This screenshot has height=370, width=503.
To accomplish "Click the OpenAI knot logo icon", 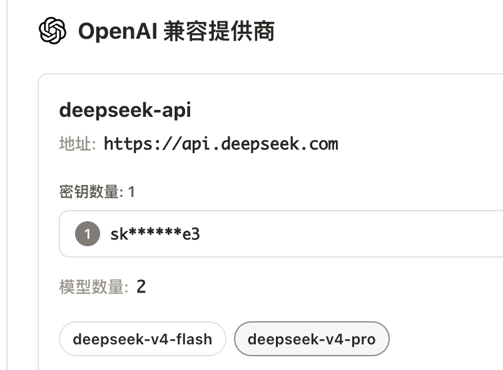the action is pos(53,31).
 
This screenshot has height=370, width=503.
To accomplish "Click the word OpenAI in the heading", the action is pos(118,32).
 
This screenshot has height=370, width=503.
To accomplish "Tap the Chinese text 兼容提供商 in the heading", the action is pos(219,31).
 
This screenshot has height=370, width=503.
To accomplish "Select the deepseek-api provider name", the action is pos(125,110).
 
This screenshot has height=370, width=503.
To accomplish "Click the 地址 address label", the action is pos(78,144).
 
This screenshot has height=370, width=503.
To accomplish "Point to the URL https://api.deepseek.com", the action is pos(221,144).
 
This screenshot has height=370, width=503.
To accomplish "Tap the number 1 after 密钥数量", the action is pos(131,192).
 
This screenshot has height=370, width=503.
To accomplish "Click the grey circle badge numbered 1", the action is pos(88,234).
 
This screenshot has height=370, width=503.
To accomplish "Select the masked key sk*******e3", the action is pos(155,234).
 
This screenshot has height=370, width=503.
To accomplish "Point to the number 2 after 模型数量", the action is pos(141,286).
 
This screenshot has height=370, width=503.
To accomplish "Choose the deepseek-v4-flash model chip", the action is pos(143,339).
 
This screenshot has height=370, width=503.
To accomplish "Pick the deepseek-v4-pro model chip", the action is pos(312,339).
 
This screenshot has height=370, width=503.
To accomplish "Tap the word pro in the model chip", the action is pos(363,340).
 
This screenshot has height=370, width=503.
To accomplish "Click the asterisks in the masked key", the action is pos(155,231).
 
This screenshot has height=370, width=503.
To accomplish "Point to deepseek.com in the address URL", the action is pos(280,144).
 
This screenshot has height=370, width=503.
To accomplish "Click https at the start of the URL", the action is pos(128,144).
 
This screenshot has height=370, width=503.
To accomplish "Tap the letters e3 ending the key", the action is pos(191,234).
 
